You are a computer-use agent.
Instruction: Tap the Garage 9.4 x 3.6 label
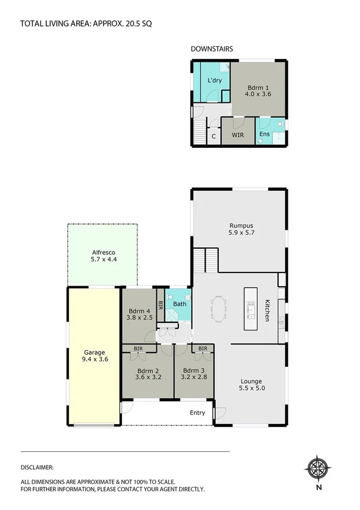click(95, 355)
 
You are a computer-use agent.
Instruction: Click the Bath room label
click(180, 304)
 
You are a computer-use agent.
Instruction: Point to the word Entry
click(197, 413)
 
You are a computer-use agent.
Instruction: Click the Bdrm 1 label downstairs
click(255, 90)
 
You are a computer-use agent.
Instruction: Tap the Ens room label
click(264, 134)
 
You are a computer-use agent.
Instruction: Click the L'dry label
click(215, 81)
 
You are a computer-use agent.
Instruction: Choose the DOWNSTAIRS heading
click(212, 49)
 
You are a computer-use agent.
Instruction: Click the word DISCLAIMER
click(37, 467)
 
